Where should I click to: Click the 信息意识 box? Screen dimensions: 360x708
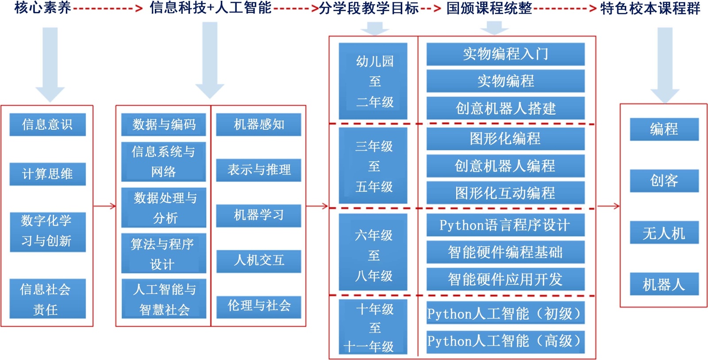(x=47, y=124)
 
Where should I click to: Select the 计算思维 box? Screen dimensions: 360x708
(x=47, y=174)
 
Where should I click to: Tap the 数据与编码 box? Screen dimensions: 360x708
(x=164, y=124)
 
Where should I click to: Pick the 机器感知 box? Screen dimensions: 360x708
(x=258, y=124)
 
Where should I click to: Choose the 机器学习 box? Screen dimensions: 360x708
(x=258, y=216)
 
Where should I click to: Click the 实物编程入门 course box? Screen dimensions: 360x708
(x=505, y=54)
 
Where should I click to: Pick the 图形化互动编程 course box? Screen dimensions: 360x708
(x=505, y=193)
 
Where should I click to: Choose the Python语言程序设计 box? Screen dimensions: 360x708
(x=505, y=225)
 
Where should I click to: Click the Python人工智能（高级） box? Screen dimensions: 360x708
(x=505, y=341)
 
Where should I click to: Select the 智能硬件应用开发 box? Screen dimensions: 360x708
(x=505, y=279)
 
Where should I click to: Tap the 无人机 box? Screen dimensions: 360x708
(x=664, y=232)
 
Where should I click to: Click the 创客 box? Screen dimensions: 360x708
(x=664, y=181)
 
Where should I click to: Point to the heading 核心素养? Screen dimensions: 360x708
(x=42, y=8)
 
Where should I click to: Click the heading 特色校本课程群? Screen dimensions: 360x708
(x=650, y=8)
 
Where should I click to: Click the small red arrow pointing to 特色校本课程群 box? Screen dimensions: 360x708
(x=608, y=206)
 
